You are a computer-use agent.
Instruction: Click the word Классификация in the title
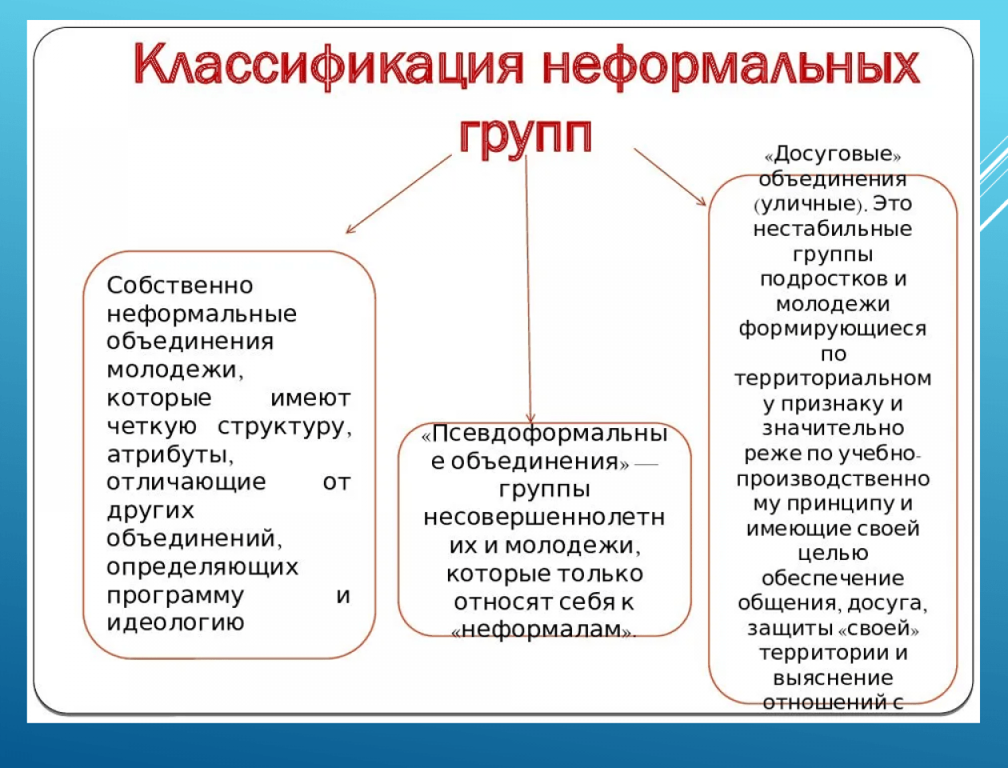click(x=329, y=67)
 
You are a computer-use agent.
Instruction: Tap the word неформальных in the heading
click(x=731, y=67)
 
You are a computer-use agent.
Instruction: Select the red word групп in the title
click(x=526, y=135)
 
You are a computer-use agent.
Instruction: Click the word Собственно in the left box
click(x=180, y=286)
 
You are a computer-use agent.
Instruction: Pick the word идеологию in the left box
click(x=175, y=623)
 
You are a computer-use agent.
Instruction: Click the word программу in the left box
click(x=175, y=596)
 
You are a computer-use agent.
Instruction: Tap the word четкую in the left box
click(x=152, y=427)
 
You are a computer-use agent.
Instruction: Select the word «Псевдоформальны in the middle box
click(x=544, y=434)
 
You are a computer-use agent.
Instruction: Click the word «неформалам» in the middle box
click(x=544, y=630)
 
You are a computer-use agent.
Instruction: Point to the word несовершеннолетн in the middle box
click(x=544, y=518)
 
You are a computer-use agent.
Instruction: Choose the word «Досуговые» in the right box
click(x=833, y=154)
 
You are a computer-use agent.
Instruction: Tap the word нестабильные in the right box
click(x=833, y=229)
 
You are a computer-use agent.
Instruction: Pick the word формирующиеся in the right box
click(x=833, y=329)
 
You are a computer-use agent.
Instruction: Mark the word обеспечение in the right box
click(x=833, y=578)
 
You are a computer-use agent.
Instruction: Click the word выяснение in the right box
click(x=833, y=678)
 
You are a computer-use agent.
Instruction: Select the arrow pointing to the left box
click(x=398, y=194)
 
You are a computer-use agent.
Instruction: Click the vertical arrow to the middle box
click(x=529, y=290)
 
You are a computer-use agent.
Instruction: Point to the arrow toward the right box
click(x=670, y=177)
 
